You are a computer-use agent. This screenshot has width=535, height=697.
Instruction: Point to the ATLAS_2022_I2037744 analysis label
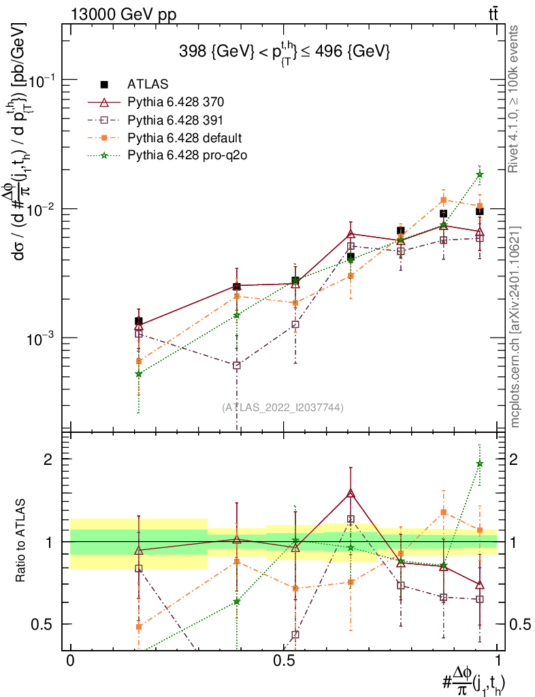click(x=282, y=408)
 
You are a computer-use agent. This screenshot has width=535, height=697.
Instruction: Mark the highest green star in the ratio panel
click(x=480, y=464)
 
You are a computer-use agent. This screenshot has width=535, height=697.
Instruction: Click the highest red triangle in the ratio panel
click(x=351, y=493)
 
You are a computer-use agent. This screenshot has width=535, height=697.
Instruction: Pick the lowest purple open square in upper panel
click(x=236, y=366)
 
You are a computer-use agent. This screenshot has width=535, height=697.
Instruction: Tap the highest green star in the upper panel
click(x=480, y=174)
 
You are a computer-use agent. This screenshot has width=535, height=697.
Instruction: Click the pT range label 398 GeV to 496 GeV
click(x=284, y=51)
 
